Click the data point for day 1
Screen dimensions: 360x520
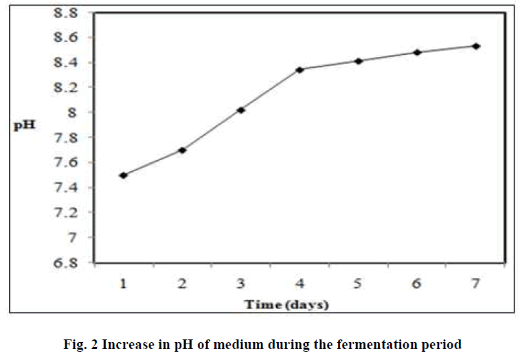pos(123,175)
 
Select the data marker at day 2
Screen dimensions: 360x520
pos(182,150)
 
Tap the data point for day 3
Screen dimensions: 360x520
pos(241,110)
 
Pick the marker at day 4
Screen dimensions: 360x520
pos(299,69)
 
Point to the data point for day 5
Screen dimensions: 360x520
pos(358,61)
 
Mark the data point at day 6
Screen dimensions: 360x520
pos(417,52)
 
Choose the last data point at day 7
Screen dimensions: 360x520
pos(475,46)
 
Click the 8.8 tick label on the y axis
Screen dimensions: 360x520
pos(66,12)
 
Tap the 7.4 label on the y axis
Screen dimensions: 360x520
pos(66,188)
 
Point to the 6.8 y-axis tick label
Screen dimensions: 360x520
pos(66,262)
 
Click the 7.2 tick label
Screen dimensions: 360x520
pos(66,212)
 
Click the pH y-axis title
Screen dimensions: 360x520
pos(24,126)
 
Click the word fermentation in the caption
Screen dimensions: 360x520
pos(385,343)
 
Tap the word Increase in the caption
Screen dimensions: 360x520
pos(120,343)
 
